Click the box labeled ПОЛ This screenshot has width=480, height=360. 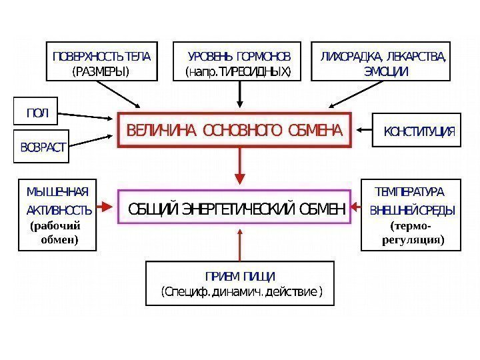37,113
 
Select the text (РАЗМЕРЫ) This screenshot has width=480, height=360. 101,71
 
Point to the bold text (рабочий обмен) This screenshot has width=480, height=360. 57,232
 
